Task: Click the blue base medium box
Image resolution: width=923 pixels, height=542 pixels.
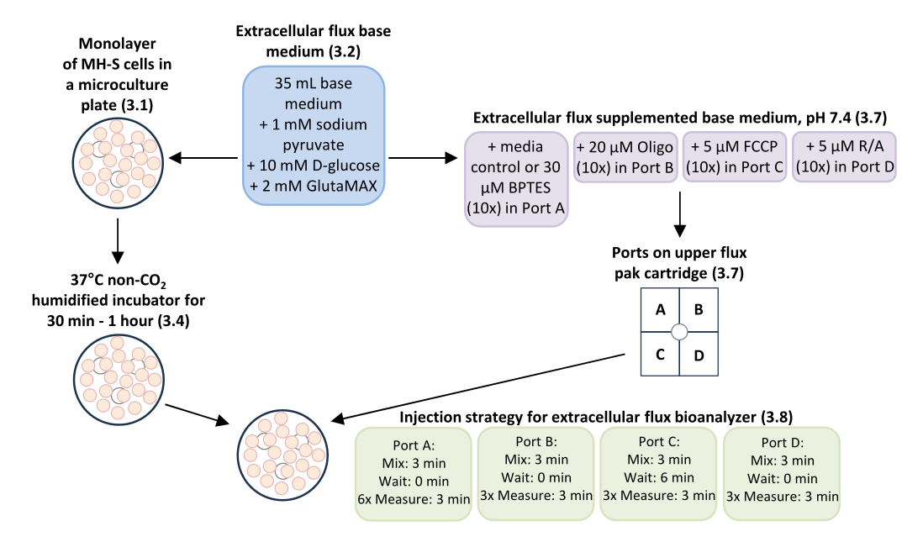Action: click(x=314, y=135)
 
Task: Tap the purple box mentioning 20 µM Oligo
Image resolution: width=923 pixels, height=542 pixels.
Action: click(x=625, y=157)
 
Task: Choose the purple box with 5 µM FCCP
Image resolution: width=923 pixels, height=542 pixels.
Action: click(x=734, y=156)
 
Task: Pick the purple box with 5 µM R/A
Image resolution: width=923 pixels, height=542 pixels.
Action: click(x=844, y=156)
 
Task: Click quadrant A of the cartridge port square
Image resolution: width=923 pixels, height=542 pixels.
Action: click(x=660, y=309)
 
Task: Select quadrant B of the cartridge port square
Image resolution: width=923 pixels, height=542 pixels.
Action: click(x=699, y=309)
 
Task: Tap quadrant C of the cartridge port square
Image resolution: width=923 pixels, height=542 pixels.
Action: click(x=660, y=355)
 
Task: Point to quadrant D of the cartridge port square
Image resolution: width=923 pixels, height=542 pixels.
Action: click(x=699, y=355)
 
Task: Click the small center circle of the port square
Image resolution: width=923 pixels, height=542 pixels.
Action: click(x=679, y=332)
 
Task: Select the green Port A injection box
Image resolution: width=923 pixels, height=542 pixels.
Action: click(x=414, y=474)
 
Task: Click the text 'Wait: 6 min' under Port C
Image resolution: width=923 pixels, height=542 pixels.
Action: click(x=659, y=477)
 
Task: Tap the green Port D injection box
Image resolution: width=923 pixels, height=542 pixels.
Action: click(x=782, y=474)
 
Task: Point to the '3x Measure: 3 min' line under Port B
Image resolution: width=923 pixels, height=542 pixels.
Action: click(x=536, y=496)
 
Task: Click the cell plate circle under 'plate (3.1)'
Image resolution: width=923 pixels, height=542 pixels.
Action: click(x=118, y=163)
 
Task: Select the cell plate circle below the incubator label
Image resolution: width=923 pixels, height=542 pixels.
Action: click(x=119, y=380)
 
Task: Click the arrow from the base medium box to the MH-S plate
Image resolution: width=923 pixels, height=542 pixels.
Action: click(x=203, y=158)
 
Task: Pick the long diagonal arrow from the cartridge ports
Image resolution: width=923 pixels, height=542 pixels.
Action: click(x=478, y=387)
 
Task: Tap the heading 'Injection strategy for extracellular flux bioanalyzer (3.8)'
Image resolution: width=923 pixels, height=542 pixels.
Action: click(x=596, y=418)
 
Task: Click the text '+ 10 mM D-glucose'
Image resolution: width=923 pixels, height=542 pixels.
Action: click(x=314, y=166)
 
